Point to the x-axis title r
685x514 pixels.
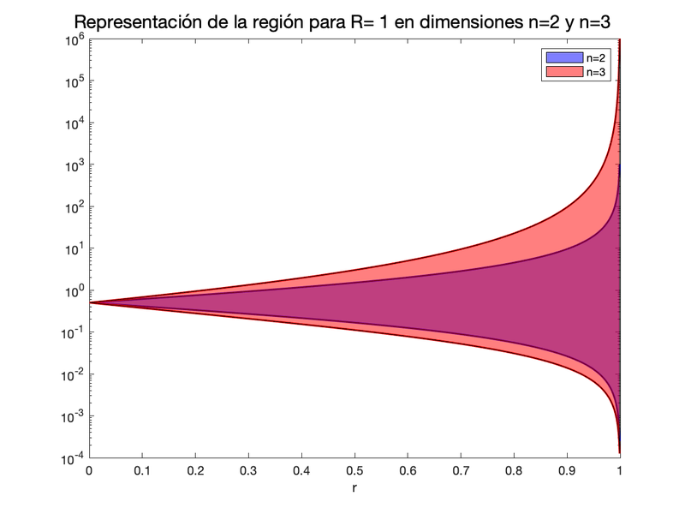(354, 487)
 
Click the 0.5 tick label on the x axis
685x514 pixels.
(354, 470)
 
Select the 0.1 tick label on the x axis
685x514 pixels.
(142, 470)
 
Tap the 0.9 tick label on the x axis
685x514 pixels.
(567, 470)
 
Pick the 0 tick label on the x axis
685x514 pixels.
(89, 470)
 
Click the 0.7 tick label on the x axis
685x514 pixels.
(461, 470)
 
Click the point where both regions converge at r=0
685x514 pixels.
(90, 302)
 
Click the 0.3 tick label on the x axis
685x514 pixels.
(248, 470)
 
